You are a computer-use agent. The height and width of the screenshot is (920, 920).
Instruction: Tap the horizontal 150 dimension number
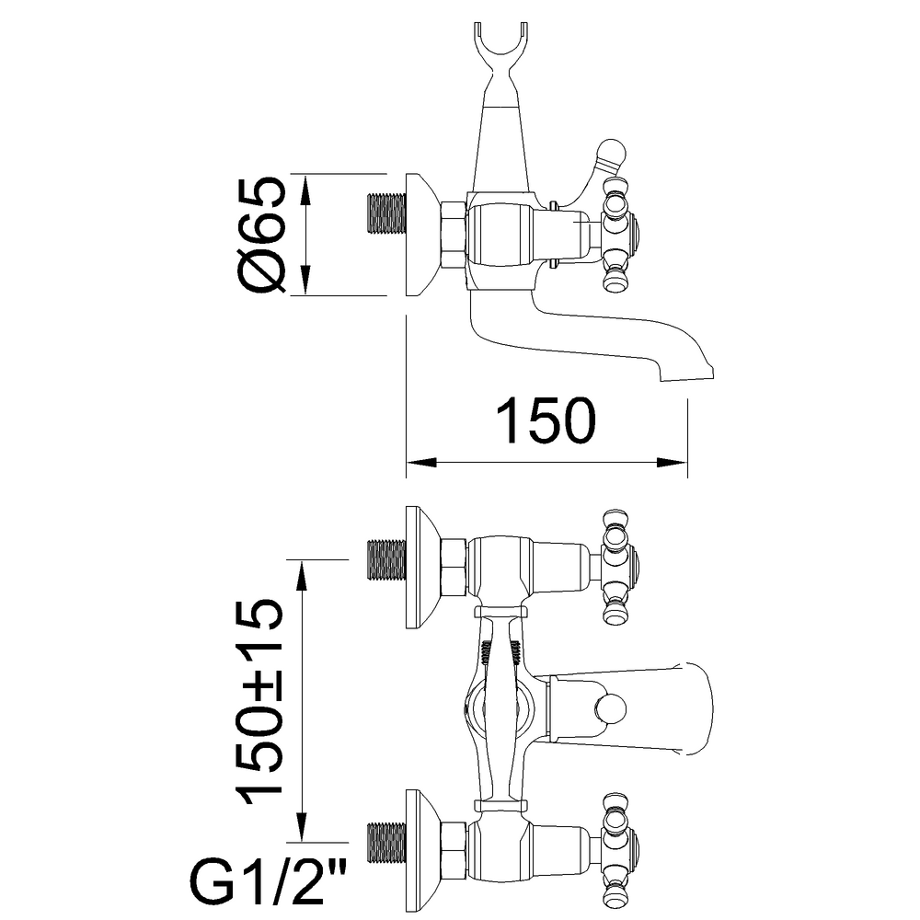546,420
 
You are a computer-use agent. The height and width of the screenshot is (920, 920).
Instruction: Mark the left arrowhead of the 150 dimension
421,463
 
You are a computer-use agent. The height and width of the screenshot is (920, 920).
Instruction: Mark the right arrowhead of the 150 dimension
673,463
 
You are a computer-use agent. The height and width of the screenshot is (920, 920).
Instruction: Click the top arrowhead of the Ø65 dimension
305,190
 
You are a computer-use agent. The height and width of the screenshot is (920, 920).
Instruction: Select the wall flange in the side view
422,235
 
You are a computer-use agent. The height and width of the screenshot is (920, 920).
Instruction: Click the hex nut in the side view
454,234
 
